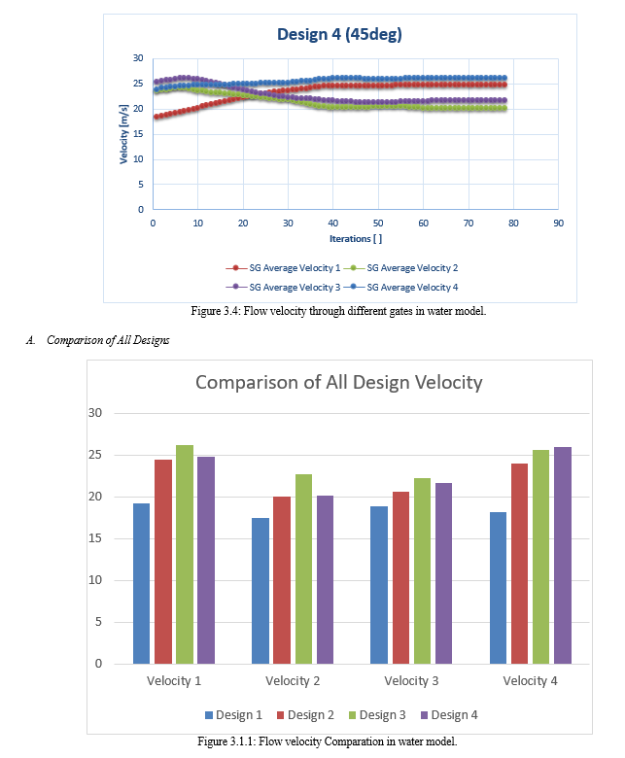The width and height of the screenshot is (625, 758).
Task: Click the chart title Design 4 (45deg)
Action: point(339,34)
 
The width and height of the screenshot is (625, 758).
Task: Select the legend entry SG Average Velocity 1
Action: point(283,268)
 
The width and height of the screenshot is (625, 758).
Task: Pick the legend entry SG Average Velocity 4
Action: point(400,287)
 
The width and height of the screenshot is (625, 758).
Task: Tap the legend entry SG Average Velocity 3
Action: point(283,287)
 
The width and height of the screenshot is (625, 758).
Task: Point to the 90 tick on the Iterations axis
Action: point(558,224)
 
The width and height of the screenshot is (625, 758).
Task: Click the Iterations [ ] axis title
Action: point(356,239)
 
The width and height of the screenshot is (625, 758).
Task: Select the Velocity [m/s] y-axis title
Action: point(123,134)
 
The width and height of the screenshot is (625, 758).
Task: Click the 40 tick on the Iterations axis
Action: point(333,224)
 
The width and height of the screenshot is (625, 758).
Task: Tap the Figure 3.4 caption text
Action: point(338,311)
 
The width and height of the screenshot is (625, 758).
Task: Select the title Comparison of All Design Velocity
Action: point(339,382)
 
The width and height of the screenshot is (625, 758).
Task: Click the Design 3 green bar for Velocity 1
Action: point(185,555)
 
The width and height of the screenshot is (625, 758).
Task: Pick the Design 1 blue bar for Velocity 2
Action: point(260,591)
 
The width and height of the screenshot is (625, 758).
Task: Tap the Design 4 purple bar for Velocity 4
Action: point(563,556)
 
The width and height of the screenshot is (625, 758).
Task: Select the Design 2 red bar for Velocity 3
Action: point(400,577)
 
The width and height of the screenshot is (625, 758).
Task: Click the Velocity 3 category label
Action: point(411,681)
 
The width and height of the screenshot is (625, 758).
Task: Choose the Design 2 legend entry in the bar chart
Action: point(305,715)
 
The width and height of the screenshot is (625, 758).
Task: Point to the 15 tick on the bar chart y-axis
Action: point(95,538)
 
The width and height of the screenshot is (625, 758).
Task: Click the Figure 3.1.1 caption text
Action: point(328,741)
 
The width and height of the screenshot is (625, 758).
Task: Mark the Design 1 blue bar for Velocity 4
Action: point(499,588)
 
